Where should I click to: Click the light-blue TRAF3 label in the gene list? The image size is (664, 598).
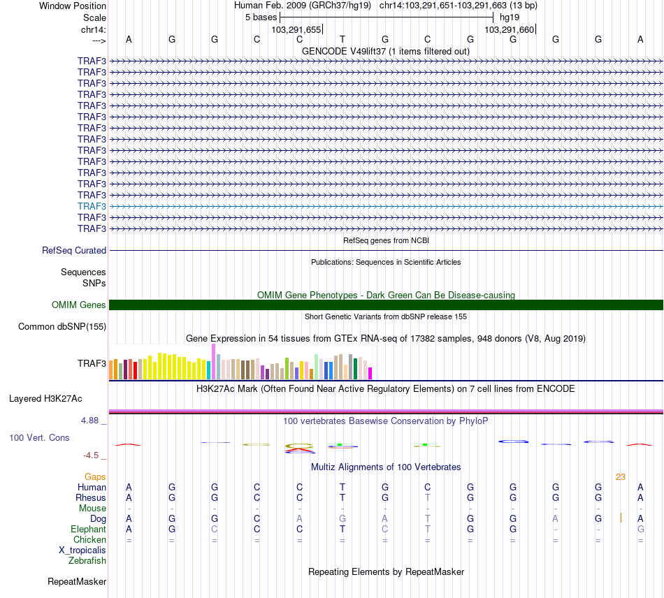92,206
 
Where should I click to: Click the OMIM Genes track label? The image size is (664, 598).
79,305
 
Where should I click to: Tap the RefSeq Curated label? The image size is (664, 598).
74,250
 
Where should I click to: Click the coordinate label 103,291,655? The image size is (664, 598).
296,30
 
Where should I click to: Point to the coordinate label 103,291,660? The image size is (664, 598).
509,30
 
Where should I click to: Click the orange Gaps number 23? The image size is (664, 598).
620,476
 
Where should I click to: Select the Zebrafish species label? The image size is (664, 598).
87,560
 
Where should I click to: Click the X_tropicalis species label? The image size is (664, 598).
82,550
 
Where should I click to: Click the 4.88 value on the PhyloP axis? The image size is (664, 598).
91,421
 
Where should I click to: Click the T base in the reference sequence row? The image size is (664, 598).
342,39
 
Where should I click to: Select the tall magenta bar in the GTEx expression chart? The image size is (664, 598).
212,361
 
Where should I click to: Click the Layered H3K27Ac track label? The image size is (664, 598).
45,399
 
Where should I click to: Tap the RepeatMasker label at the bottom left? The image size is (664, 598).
77,581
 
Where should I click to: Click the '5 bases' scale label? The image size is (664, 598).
261,17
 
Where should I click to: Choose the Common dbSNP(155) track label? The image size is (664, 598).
62,326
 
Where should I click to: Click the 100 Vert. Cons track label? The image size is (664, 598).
38,437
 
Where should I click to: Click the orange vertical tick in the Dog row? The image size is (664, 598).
621,518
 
